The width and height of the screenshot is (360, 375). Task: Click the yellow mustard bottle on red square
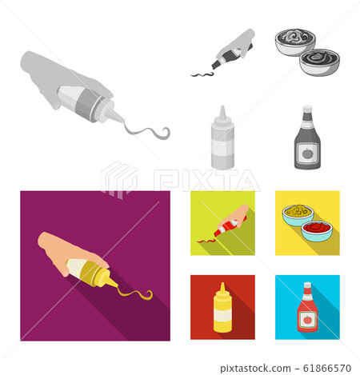point(222,309)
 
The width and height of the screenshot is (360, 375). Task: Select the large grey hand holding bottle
point(56,76)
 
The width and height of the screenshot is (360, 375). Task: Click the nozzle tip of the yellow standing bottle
point(222,284)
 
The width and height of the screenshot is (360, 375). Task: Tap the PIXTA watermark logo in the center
point(180,179)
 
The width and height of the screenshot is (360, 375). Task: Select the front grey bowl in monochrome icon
point(319,62)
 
